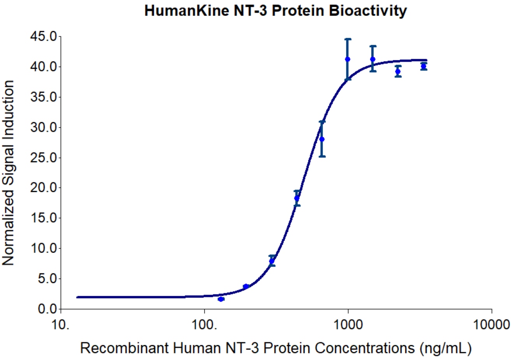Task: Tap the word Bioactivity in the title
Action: [x=368, y=11]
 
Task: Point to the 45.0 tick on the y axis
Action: [x=44, y=37]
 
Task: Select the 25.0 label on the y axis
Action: [x=44, y=158]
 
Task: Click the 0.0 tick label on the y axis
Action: [x=48, y=309]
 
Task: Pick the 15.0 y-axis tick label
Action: [x=44, y=218]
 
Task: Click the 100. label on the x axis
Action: [x=204, y=324]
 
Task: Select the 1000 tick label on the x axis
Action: [x=348, y=324]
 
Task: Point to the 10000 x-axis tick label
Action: [x=491, y=324]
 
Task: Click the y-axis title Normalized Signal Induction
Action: [x=9, y=173]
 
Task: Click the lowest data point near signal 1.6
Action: [x=221, y=299]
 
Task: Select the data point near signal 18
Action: [x=297, y=198]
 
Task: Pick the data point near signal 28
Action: [x=322, y=139]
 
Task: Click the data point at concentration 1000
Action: [x=348, y=59]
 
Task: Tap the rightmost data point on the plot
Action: [x=424, y=66]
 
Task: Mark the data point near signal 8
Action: [x=272, y=261]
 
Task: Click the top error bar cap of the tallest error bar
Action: [x=348, y=39]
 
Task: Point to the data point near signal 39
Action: [x=398, y=71]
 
